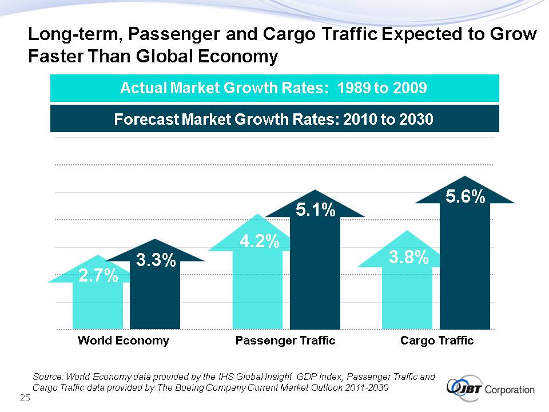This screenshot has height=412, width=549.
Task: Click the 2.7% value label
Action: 98,278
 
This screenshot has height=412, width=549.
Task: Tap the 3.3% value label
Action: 156,261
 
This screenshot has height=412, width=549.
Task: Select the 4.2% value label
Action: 259,242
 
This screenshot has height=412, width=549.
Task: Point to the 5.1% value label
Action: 315,210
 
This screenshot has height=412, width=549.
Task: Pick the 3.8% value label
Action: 409,258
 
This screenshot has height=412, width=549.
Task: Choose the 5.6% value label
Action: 466,197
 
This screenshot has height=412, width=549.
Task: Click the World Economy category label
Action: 124,340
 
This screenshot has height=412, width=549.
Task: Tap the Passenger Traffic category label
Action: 285,340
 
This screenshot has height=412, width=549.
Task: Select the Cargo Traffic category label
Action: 437,340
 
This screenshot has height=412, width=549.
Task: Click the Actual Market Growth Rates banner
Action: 274,89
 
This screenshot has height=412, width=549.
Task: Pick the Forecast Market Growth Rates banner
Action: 274,119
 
